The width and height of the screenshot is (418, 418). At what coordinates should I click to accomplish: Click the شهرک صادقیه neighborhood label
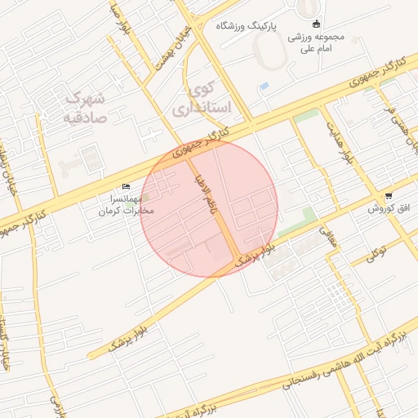[x=85, y=107]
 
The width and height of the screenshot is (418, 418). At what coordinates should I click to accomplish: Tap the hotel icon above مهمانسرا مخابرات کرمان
[x=126, y=187]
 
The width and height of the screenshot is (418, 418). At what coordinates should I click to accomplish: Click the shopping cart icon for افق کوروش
[x=388, y=197]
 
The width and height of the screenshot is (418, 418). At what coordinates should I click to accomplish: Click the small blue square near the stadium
[x=263, y=86]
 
